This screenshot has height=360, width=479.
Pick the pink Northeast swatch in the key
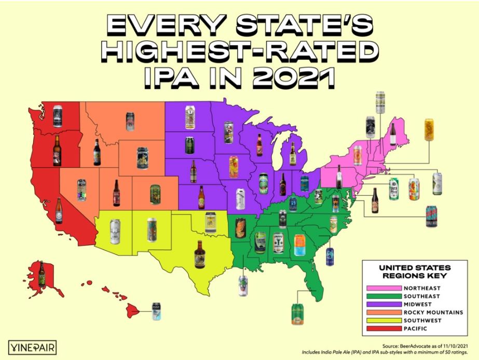click(384, 287)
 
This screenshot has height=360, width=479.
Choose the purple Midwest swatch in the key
click(384, 304)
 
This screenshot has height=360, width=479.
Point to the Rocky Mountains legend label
click(433, 312)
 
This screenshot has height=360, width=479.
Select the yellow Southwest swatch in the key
click(384, 321)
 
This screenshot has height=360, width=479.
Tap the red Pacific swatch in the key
click(384, 329)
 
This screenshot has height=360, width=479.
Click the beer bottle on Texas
click(199, 254)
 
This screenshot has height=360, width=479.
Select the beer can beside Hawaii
click(155, 310)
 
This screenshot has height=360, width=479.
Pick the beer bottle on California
click(59, 211)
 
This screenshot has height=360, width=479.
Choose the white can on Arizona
click(115, 231)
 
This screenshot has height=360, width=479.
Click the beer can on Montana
click(130, 122)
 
